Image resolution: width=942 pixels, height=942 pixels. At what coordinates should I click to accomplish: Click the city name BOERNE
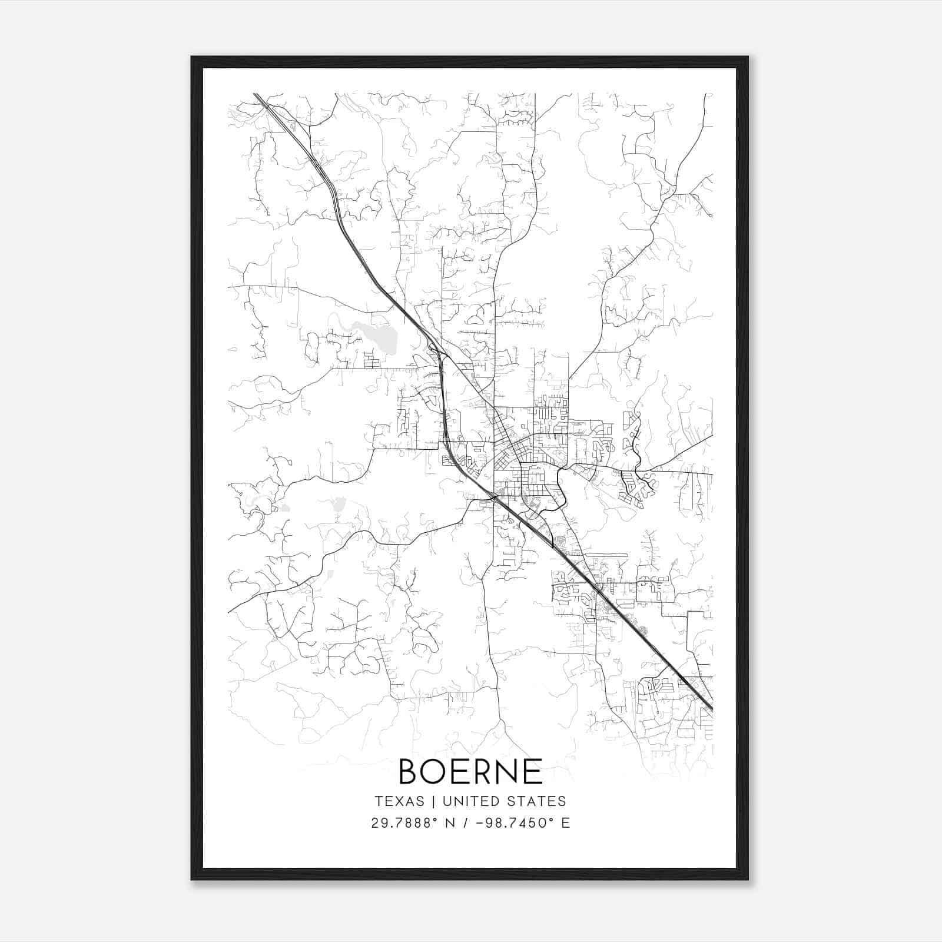point(470,772)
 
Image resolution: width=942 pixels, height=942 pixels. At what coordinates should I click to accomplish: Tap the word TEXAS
point(399,801)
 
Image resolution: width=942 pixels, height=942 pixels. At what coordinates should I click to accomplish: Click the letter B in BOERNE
point(410,772)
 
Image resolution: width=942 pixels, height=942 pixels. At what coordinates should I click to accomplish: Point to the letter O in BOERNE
point(434,772)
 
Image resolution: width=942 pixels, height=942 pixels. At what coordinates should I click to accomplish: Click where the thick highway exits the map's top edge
point(257,94)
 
